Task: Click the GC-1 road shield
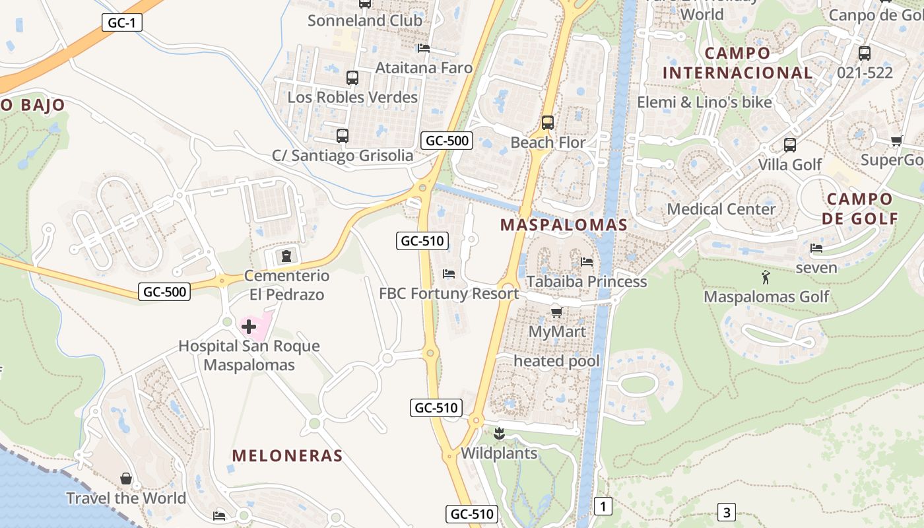[x=122, y=22]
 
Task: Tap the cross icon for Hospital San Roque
[x=249, y=327]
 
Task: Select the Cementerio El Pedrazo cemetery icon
[x=286, y=255]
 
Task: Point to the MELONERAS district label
[x=287, y=455]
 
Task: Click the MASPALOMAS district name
[x=564, y=224]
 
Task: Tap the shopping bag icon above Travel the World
[x=126, y=478]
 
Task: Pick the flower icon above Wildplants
[x=499, y=434]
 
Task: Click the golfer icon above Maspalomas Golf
[x=766, y=277]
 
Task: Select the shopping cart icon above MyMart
[x=556, y=312]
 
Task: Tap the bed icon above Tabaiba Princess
[x=586, y=262]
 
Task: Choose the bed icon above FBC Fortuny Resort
[x=449, y=273]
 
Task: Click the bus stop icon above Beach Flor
[x=547, y=122]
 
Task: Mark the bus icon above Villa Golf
[x=789, y=145]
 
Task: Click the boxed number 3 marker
[x=726, y=512]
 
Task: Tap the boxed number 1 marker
[x=603, y=506]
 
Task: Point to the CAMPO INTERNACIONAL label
[x=737, y=63]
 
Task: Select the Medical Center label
[x=721, y=209]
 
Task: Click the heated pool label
[x=556, y=361]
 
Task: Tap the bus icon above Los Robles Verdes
[x=352, y=78]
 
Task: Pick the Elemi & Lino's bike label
[x=704, y=102]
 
